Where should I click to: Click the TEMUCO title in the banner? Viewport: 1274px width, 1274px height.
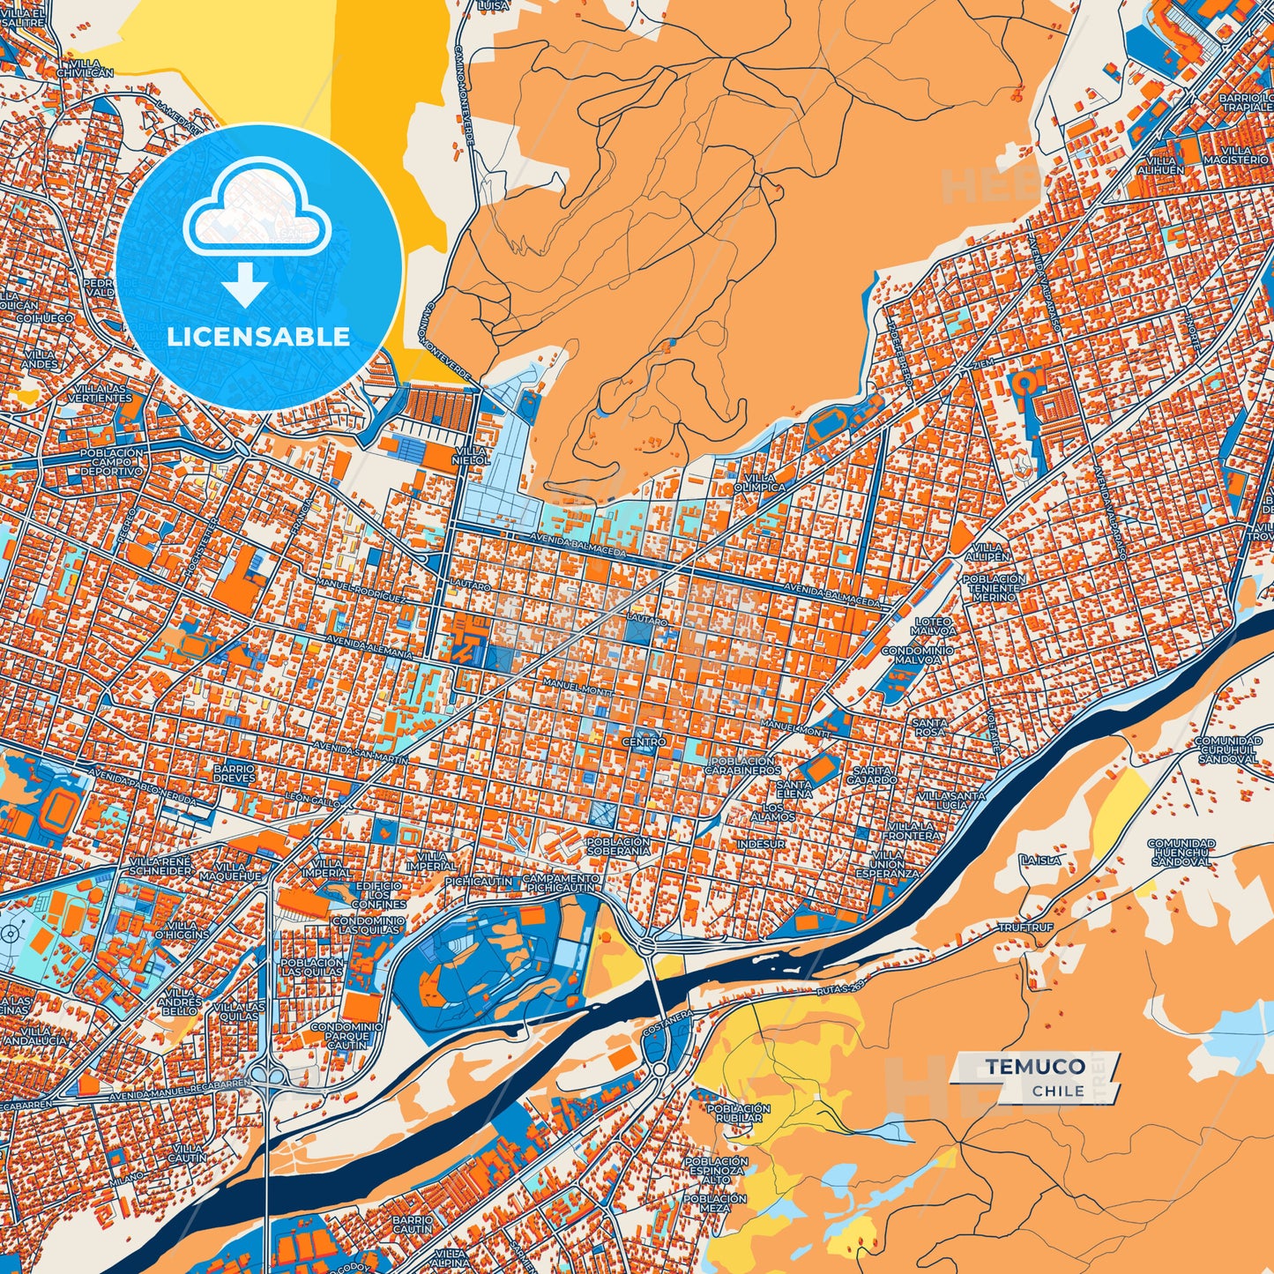pos(1035,1066)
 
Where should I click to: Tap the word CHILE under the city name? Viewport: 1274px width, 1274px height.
pos(1058,1091)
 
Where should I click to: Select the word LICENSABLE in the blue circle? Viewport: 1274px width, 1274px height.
pos(258,337)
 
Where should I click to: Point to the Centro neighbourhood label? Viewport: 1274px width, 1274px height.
pos(644,742)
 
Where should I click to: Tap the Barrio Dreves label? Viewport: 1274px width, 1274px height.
pos(234,774)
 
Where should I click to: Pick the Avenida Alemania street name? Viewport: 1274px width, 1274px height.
pos(369,646)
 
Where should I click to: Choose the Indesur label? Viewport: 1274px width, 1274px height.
pos(760,844)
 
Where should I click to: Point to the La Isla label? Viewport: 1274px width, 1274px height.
pos(1040,860)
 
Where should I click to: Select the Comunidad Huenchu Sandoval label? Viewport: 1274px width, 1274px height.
pos(1181,853)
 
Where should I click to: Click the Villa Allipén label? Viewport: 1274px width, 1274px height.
pos(987,552)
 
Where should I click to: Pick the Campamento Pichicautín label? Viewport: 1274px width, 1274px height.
pos(561,883)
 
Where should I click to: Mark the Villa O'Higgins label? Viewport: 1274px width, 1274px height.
pos(183,929)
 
